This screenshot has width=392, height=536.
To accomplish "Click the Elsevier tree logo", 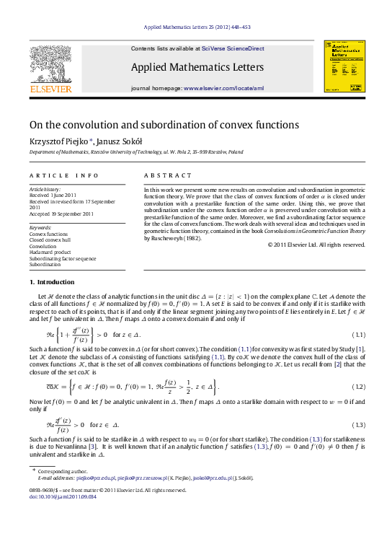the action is coord(50,66).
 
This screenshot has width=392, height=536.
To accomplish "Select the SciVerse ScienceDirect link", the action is coord(233,48).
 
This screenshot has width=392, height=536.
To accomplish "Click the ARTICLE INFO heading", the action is coord(64,175).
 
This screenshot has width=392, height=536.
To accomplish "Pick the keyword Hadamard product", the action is coord(50,252).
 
